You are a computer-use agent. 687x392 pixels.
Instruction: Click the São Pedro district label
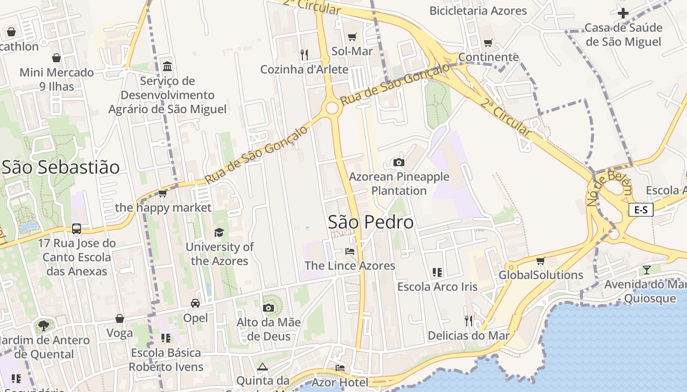pyautogui.click(x=370, y=222)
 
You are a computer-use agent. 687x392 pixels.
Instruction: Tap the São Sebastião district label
pyautogui.click(x=61, y=168)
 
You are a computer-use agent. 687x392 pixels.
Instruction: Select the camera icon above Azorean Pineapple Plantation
pyautogui.click(x=399, y=162)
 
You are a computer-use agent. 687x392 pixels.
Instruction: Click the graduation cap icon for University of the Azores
pyautogui.click(x=219, y=232)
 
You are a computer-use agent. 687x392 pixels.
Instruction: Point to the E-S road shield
pyautogui.click(x=641, y=210)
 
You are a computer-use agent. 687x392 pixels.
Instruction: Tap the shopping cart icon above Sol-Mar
pyautogui.click(x=352, y=37)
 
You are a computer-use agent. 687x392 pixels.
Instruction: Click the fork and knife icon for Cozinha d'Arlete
pyautogui.click(x=304, y=54)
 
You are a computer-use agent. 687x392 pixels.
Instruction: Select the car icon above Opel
pyautogui.click(x=195, y=303)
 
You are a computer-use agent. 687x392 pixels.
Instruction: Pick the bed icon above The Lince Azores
pyautogui.click(x=349, y=251)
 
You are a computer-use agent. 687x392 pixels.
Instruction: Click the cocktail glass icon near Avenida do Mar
pyautogui.click(x=647, y=269)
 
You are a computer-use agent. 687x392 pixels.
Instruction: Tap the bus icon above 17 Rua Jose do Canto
pyautogui.click(x=77, y=228)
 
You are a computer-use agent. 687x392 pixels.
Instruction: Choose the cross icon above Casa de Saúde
pyautogui.click(x=623, y=13)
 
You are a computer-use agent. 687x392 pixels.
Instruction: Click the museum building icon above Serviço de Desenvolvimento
pyautogui.click(x=167, y=66)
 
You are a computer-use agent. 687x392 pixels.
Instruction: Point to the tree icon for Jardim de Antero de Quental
pyautogui.click(x=44, y=325)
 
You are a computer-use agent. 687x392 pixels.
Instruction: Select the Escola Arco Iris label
pyautogui.click(x=437, y=287)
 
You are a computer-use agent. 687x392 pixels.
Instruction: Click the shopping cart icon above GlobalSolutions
pyautogui.click(x=540, y=261)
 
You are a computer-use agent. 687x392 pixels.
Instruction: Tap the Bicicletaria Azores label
pyautogui.click(x=478, y=11)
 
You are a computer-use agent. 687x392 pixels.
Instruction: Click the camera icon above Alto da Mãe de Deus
pyautogui.click(x=268, y=308)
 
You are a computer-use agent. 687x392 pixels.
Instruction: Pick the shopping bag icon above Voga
pyautogui.click(x=120, y=319)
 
